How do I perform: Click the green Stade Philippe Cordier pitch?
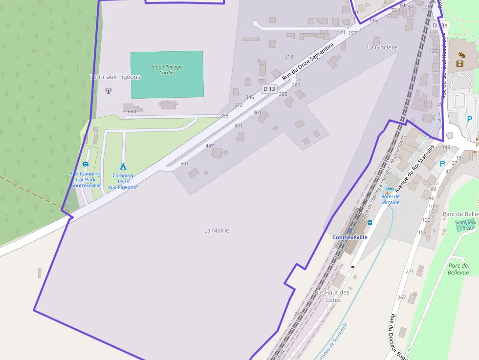pyautogui.click(x=167, y=74)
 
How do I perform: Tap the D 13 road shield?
pyautogui.click(x=269, y=89)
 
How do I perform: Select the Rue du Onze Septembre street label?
pyautogui.click(x=308, y=62)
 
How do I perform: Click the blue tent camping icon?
pyautogui.click(x=123, y=167)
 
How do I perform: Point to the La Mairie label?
pyautogui.click(x=217, y=231)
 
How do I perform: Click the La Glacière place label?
pyautogui.click(x=382, y=47)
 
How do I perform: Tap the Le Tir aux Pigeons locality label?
pyautogui.click(x=115, y=77)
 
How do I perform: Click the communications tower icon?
pyautogui.click(x=108, y=90)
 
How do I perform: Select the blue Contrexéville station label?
pyautogui.click(x=349, y=237)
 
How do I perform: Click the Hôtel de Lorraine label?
pyautogui.click(x=390, y=199)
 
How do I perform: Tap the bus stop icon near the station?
pyautogui.click(x=370, y=223)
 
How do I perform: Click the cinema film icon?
pyautogui.click(x=460, y=63)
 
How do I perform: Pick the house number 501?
pyautogui.click(x=184, y=163)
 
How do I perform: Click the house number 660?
pyautogui.click(x=131, y=112)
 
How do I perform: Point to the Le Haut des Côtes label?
pyautogui.click(x=333, y=296)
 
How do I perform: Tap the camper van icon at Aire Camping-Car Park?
pyautogui.click(x=86, y=165)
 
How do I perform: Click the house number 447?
pyautogui.click(x=210, y=146)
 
